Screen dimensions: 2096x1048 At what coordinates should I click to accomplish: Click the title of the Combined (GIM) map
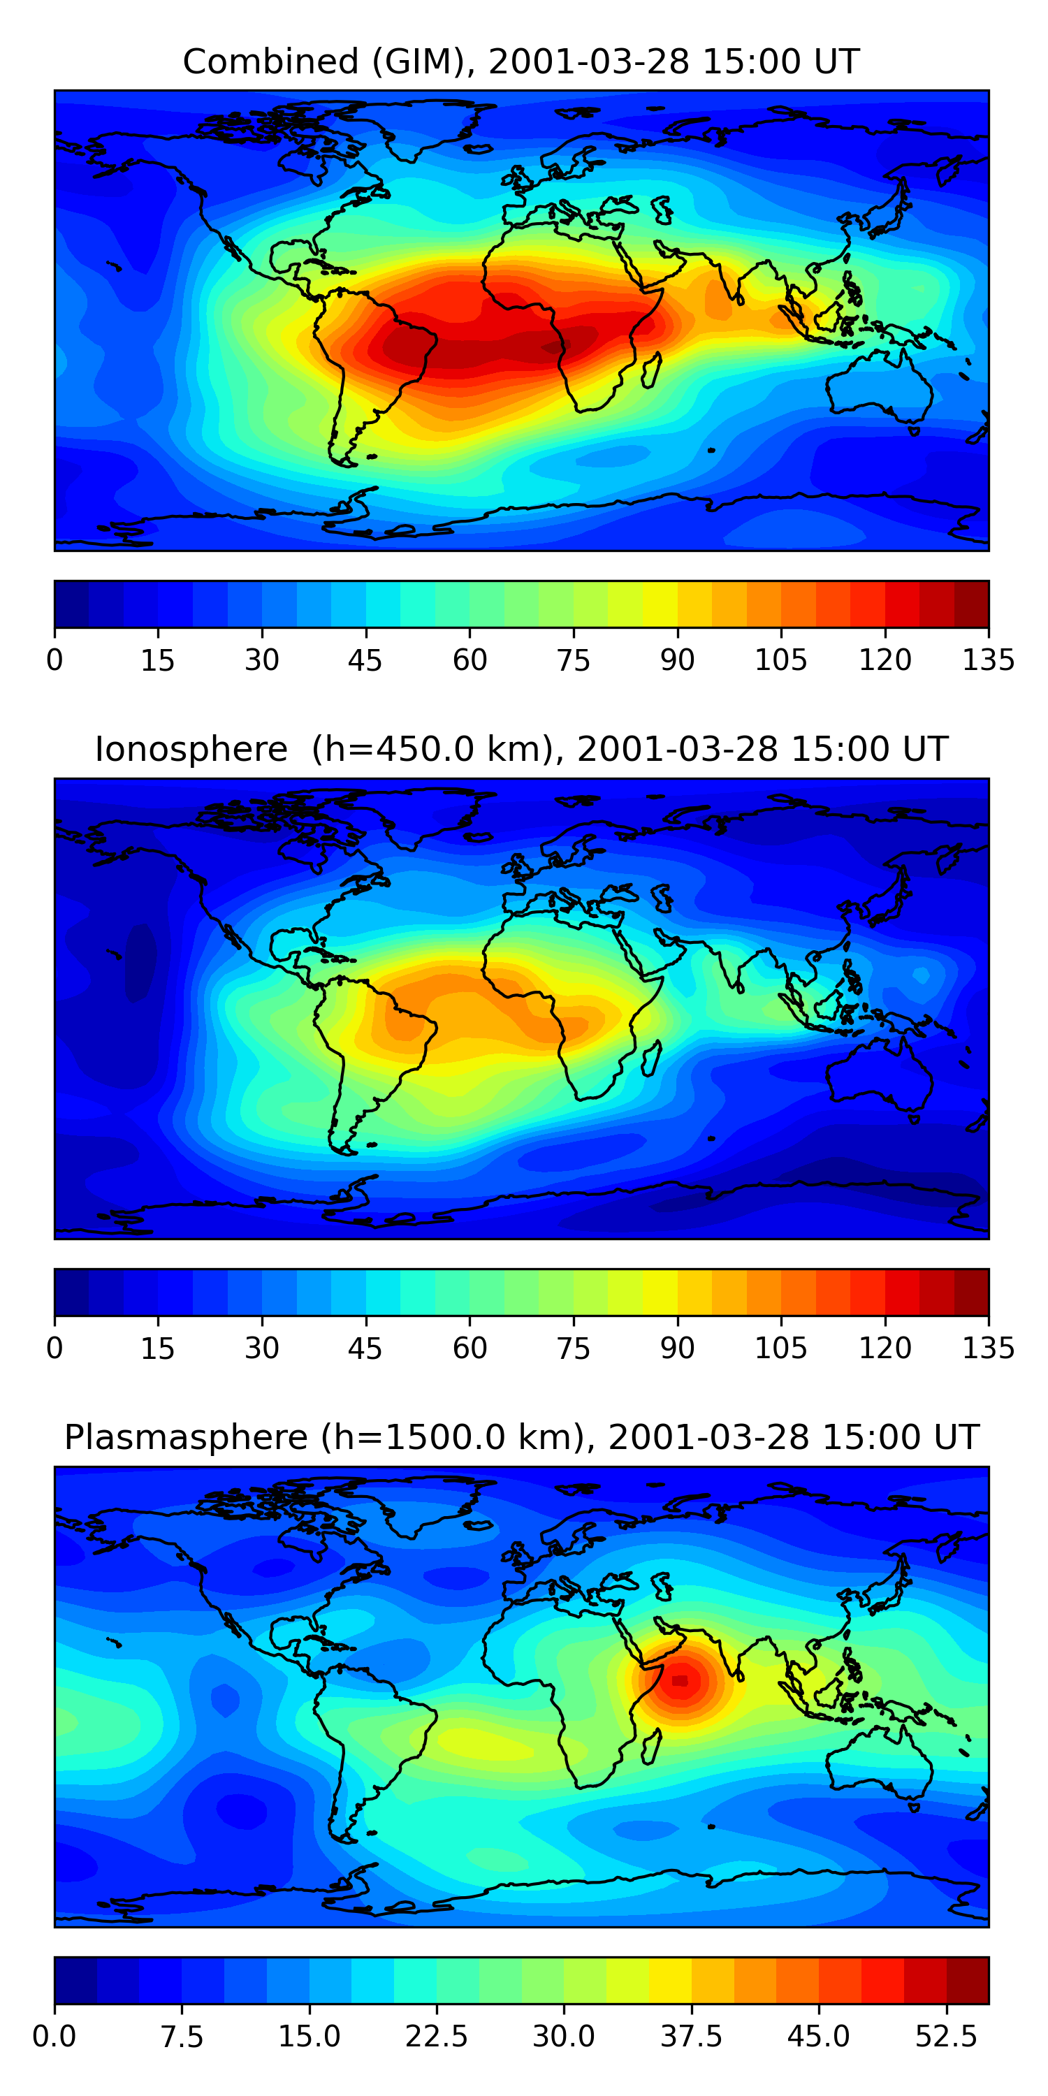point(521,62)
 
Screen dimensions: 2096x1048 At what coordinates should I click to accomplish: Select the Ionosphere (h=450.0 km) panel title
point(521,750)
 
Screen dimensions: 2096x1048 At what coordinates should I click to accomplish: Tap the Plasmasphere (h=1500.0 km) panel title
point(521,1437)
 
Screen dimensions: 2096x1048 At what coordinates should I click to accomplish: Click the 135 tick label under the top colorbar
point(988,660)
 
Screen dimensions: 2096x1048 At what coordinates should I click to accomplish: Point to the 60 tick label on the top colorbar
point(470,660)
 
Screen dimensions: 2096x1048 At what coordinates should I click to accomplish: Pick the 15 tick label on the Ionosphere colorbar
point(158,1348)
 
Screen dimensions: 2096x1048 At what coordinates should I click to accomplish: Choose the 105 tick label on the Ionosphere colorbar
point(780,1348)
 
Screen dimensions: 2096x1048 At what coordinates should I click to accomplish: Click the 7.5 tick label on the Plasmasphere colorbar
point(181,2036)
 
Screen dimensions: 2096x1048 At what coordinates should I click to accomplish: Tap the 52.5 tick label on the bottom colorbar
point(945,2036)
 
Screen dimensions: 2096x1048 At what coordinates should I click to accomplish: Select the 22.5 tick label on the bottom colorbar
point(436,2036)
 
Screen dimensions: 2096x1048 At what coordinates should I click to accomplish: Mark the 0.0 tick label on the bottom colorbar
point(54,2036)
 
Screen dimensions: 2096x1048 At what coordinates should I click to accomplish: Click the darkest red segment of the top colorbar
point(970,604)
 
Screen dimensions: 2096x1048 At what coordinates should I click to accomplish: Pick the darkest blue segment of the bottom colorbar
point(75,1979)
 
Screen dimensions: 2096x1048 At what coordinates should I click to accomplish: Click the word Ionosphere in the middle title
point(191,750)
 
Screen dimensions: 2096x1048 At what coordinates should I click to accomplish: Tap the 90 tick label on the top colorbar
point(677,660)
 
